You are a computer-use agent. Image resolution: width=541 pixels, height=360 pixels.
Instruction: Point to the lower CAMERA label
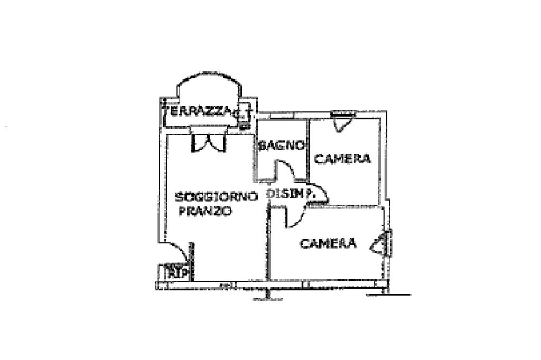click(328, 243)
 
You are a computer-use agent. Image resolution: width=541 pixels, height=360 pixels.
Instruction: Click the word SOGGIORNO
click(217, 197)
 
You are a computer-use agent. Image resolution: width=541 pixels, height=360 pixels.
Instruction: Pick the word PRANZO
click(206, 212)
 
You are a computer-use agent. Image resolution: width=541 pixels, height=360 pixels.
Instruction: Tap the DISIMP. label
click(291, 194)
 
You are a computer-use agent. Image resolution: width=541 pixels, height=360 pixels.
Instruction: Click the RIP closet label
click(177, 273)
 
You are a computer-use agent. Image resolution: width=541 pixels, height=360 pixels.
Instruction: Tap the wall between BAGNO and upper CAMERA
click(308, 150)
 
